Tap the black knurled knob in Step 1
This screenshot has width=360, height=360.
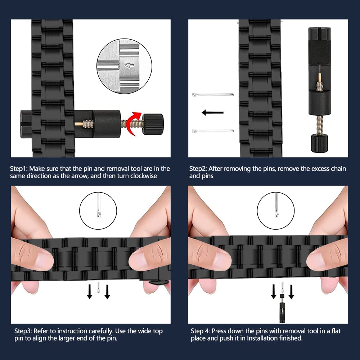pyautogui.click(x=153, y=124)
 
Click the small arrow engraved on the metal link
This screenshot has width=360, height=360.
pyautogui.click(x=129, y=66)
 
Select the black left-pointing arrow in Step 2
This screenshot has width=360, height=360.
pyautogui.click(x=212, y=112)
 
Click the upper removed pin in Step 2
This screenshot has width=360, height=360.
pyautogui.click(x=213, y=95)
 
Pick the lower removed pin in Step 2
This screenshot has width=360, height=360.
pyautogui.click(x=213, y=131)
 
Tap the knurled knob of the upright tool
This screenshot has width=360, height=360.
pyautogui.click(x=319, y=144)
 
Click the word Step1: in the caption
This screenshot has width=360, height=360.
pyautogui.click(x=19, y=169)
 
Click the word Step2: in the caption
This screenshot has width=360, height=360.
pyautogui.click(x=198, y=169)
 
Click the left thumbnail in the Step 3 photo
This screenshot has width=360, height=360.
pyautogui.click(x=43, y=261)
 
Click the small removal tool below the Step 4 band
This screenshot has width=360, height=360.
pyautogui.click(x=282, y=308)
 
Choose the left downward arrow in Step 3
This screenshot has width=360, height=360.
pyautogui.click(x=90, y=292)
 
